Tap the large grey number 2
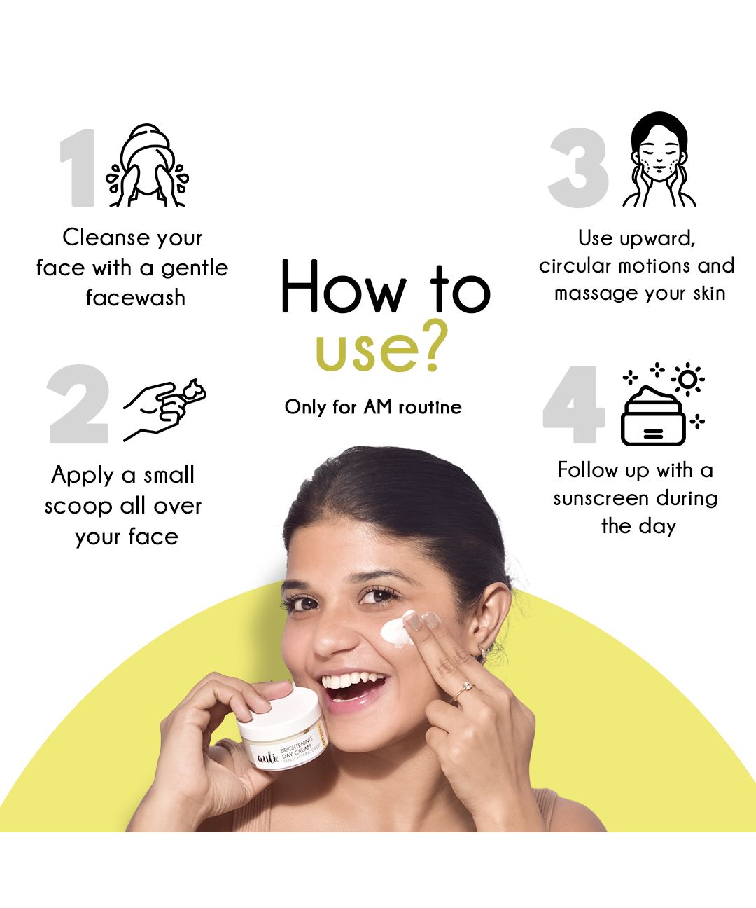pos(78,404)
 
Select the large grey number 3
pos(579,167)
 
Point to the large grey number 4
pos(573,404)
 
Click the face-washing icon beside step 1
pos(148,165)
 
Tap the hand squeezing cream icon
pos(164,410)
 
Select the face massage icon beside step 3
pos(659,159)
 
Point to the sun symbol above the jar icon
pos(688,379)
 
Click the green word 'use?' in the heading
pos(381,348)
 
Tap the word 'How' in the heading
pos(344,286)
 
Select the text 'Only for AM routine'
pos(373,408)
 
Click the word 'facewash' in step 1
pos(136,298)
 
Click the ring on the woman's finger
pos(464,689)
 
